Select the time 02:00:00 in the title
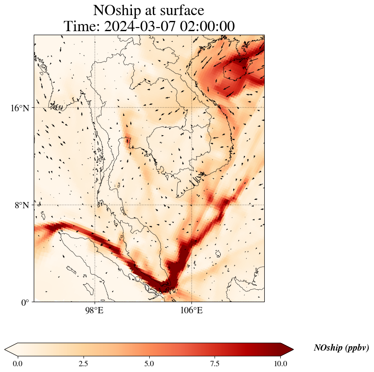(207, 26)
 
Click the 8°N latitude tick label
(22, 205)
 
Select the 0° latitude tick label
(25, 303)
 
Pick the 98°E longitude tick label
(94, 310)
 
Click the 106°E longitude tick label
(191, 310)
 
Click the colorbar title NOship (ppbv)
(341, 348)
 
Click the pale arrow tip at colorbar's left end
(10, 349)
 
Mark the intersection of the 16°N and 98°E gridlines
(95, 108)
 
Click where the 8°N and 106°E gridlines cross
(191, 205)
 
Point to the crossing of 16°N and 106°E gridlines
(191, 108)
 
